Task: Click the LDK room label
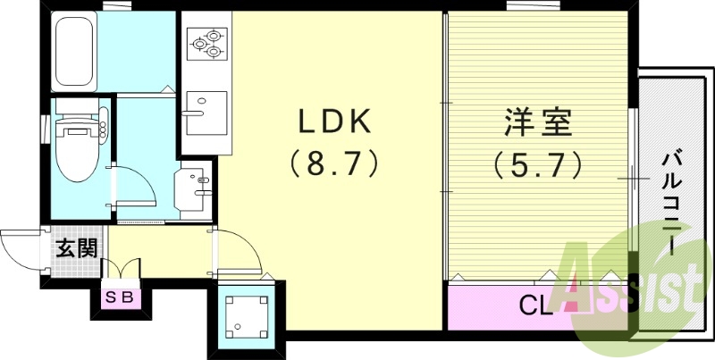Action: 334,122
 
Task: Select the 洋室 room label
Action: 538,122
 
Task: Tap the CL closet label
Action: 537,306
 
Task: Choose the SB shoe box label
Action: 120,297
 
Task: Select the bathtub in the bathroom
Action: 74,51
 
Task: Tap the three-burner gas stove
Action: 207,44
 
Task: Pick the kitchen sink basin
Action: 206,113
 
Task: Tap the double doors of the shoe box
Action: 120,268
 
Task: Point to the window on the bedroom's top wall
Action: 534,5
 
